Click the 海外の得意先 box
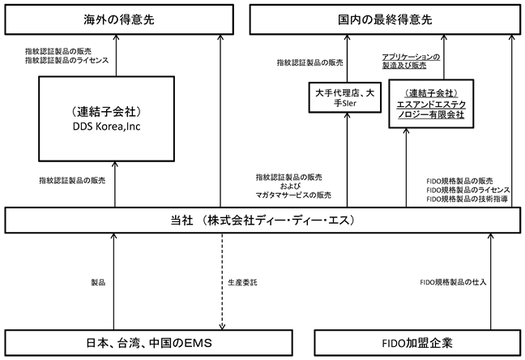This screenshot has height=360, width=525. (x=119, y=19)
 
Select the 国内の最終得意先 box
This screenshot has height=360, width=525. (x=385, y=19)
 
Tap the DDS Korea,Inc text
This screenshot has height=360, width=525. (x=106, y=126)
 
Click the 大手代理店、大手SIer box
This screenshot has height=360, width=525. (x=344, y=97)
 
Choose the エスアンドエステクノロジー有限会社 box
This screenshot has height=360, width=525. (x=431, y=104)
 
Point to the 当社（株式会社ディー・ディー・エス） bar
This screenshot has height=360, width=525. (x=262, y=221)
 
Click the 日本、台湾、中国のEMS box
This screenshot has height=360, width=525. (x=148, y=343)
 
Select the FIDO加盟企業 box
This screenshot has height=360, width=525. (x=417, y=343)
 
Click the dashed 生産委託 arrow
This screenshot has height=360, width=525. (x=222, y=281)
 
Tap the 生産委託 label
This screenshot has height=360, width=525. (x=242, y=283)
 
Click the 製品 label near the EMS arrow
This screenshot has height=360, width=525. (x=98, y=283)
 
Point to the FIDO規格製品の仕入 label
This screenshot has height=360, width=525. (x=453, y=282)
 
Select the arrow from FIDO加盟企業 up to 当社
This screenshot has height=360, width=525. (x=490, y=281)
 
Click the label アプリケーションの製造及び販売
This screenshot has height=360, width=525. (x=411, y=61)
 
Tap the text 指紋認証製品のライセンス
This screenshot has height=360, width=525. (x=67, y=60)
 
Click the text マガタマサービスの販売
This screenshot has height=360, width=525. (x=293, y=195)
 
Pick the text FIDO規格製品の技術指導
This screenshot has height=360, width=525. (x=467, y=199)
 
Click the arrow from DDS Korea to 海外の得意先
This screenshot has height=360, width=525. (x=116, y=55)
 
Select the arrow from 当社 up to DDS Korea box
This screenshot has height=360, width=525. (x=115, y=184)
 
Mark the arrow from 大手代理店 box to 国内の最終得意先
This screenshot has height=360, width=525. (x=348, y=58)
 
